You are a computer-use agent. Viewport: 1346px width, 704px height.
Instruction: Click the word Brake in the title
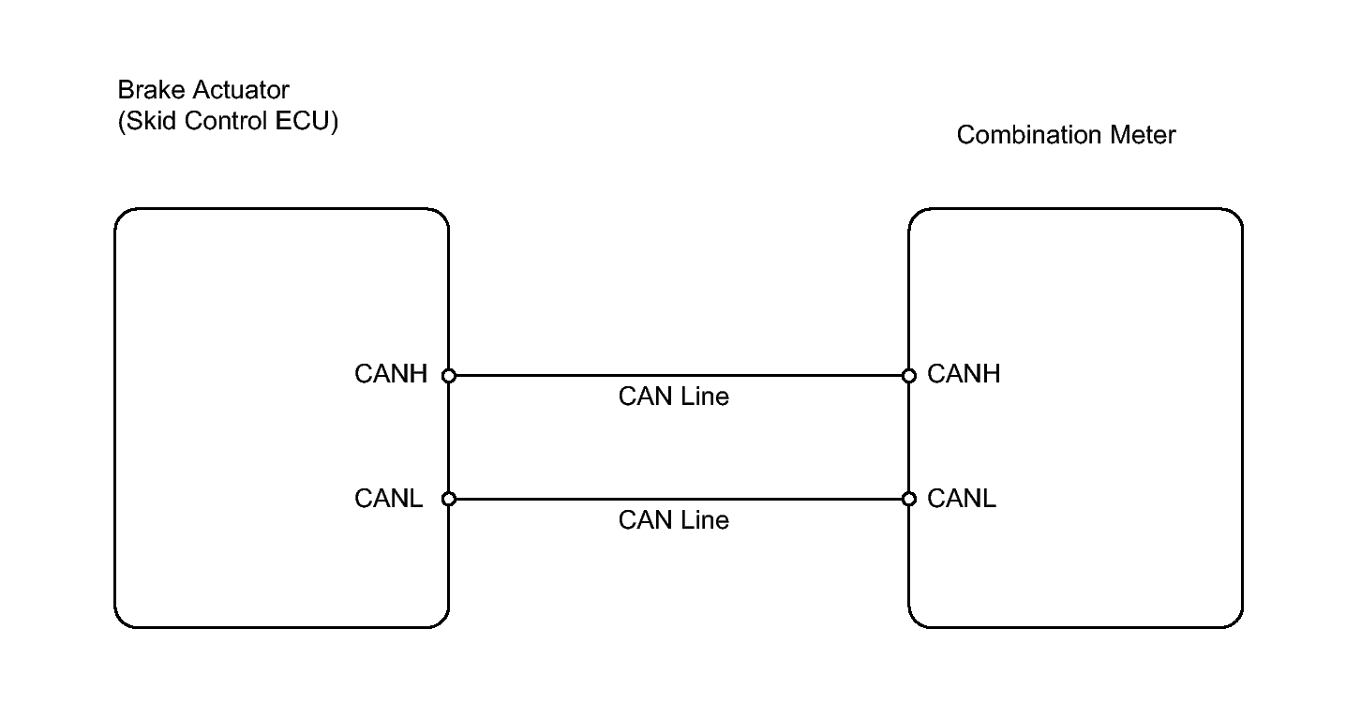151,90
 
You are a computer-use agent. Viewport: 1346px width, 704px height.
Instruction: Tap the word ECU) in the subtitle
307,121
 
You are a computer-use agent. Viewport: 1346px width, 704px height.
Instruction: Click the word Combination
1029,135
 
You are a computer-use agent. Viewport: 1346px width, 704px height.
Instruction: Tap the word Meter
1143,135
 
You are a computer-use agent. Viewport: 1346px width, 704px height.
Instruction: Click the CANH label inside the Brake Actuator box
391,374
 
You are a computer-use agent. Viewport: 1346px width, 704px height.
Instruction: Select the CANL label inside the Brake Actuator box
388,499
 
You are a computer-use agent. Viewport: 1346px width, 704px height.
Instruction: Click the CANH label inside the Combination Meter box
964,374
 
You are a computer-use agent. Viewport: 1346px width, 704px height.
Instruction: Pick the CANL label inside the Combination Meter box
962,499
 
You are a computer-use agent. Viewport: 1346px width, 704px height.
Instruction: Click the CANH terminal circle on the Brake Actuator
449,376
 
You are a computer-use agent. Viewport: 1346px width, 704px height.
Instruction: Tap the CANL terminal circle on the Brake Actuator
449,499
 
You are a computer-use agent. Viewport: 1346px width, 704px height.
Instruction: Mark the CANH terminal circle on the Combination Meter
909,376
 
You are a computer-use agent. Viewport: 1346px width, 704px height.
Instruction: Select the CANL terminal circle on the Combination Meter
909,499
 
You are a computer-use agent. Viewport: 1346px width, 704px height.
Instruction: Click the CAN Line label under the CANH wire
674,397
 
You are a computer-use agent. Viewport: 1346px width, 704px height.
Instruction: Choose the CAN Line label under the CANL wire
674,520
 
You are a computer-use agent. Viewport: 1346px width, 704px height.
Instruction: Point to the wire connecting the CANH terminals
679,376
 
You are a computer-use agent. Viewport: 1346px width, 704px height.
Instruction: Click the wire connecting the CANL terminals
679,499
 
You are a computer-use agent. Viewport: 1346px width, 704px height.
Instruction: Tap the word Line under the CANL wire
704,520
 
